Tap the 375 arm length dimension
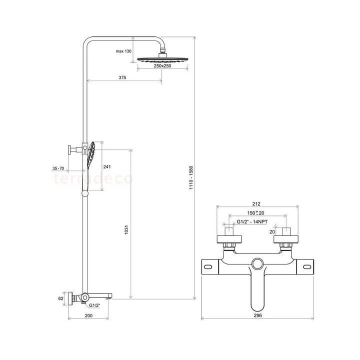click(121, 77)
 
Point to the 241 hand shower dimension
click(106, 167)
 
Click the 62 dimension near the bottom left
click(60, 298)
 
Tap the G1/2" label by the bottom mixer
click(95, 305)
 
